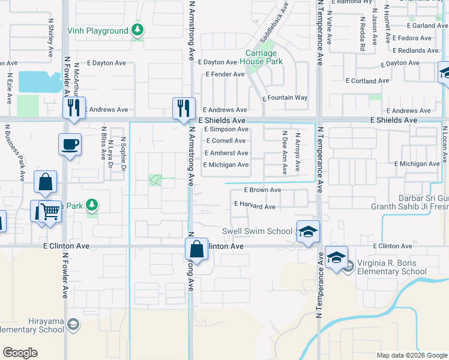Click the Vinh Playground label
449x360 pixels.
point(105,31)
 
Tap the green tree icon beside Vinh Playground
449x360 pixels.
point(138,29)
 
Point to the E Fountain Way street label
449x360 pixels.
point(285,98)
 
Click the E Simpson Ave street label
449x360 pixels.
point(226,129)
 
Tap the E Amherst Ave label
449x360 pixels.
point(226,153)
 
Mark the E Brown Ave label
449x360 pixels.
point(258,190)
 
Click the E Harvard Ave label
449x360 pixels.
point(255,207)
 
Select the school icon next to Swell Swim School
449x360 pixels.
point(307,230)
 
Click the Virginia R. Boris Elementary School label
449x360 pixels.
point(393,267)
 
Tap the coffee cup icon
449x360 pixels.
point(70,145)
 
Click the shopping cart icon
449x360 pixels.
point(50,211)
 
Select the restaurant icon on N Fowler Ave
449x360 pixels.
point(74,108)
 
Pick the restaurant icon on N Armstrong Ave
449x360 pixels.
point(184,108)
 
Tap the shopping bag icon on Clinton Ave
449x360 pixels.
point(196,248)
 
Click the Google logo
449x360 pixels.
point(20,353)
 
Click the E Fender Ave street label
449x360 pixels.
point(225,74)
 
